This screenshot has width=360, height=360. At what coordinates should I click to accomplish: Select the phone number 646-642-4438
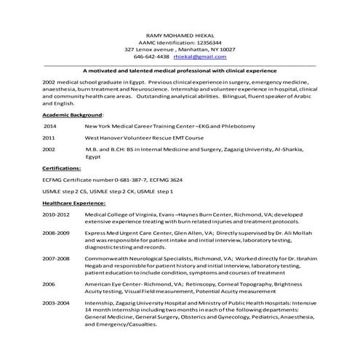coord(153,55)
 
